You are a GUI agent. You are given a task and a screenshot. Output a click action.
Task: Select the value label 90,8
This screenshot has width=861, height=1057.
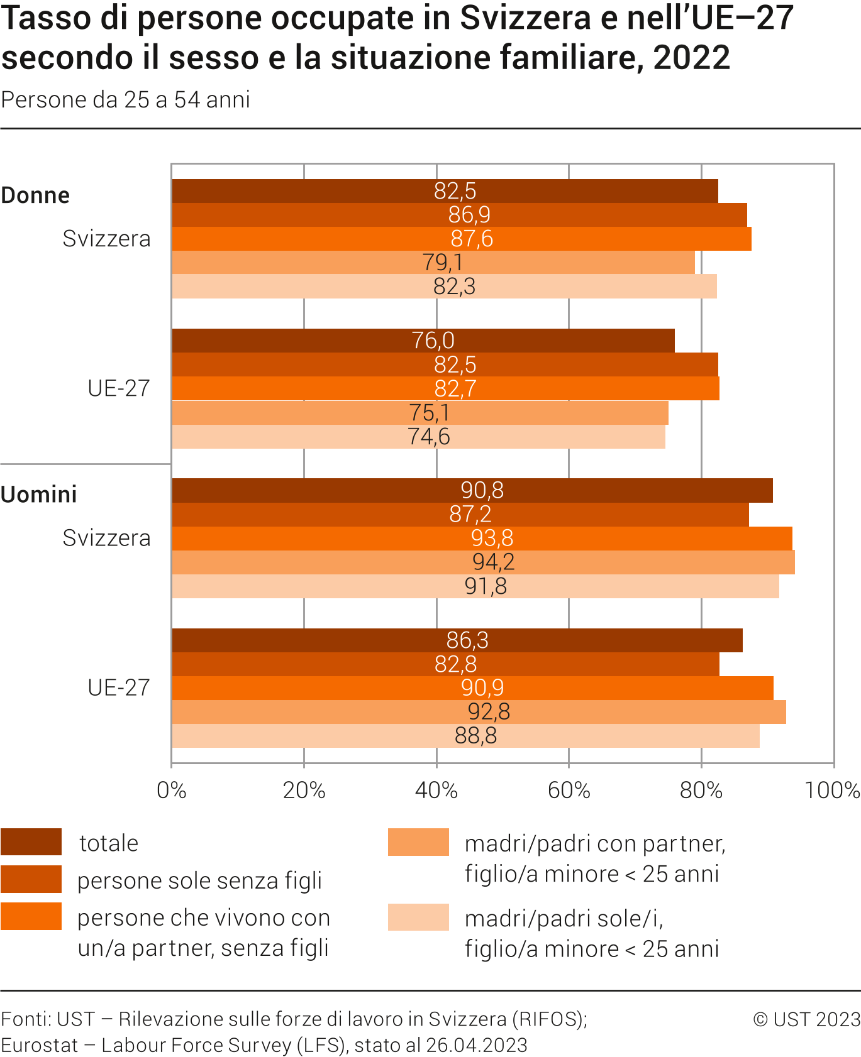[482, 490]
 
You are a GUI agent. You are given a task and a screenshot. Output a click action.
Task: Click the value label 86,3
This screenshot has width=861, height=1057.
[467, 640]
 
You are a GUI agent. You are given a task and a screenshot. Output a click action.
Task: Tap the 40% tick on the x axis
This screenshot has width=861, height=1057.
[436, 790]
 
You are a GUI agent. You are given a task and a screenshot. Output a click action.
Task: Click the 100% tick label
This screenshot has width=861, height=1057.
[832, 790]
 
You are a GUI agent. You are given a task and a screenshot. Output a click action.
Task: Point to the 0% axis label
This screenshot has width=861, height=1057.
[171, 790]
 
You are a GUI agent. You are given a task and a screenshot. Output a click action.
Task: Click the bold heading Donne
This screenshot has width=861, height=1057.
[35, 195]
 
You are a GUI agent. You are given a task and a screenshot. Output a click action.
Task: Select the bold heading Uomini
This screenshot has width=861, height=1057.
[39, 495]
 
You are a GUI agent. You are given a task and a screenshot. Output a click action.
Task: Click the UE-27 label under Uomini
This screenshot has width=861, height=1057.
[119, 687]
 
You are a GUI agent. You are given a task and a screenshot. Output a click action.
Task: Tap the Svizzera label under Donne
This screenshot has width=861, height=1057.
[106, 239]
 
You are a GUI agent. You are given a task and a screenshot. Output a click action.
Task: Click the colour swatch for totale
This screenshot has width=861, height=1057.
[31, 842]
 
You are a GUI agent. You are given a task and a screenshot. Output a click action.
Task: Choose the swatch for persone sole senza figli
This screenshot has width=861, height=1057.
[31, 879]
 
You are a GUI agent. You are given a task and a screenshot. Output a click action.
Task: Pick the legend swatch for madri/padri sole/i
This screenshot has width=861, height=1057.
[418, 917]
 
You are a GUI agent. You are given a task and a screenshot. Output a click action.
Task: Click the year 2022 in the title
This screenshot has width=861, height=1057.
[692, 57]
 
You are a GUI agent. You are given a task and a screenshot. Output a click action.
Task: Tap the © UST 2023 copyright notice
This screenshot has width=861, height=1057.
[806, 1019]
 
